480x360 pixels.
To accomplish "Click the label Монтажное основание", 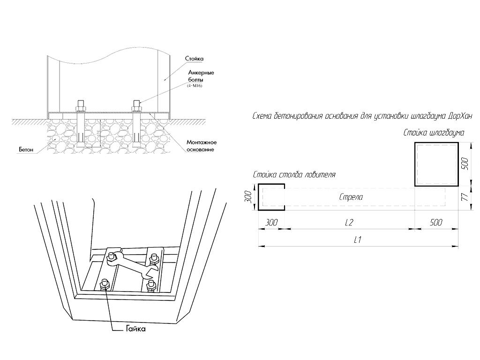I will pyautogui.click(x=200, y=146).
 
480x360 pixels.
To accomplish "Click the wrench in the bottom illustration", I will pyautogui.click(x=132, y=267).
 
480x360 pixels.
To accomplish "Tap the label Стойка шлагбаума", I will pyautogui.click(x=434, y=133).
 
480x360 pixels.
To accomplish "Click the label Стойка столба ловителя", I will pyautogui.click(x=294, y=175).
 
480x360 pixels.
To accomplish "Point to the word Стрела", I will pyautogui.click(x=351, y=197).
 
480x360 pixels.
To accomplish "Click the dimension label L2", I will pyautogui.click(x=349, y=223).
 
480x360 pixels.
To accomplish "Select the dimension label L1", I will pyautogui.click(x=357, y=240).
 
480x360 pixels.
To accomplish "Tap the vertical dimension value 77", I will pyautogui.click(x=465, y=198).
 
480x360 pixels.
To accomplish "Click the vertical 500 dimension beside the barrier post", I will pyautogui.click(x=465, y=165).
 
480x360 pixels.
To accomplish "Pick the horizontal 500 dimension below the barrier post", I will pyautogui.click(x=436, y=223).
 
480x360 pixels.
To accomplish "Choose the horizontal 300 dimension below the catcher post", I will pyautogui.click(x=271, y=223).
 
